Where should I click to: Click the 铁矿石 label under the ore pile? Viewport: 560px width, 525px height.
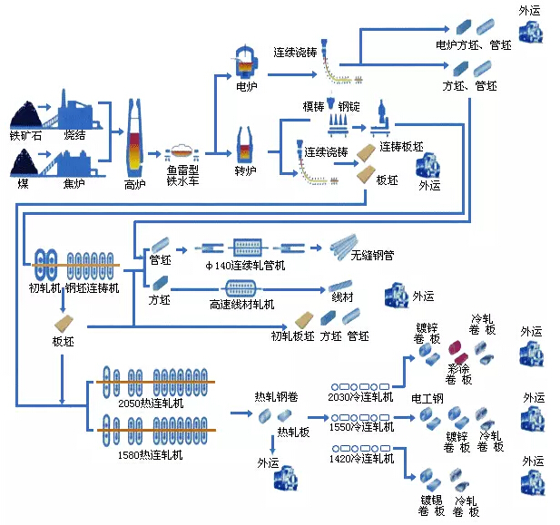pos(25,135)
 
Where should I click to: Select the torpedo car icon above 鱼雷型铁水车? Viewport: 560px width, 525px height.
pos(182,152)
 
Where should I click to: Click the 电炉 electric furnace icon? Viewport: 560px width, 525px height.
pos(246,62)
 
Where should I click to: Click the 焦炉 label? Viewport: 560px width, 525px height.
pos(74,183)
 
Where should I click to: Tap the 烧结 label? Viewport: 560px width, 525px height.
pos(74,135)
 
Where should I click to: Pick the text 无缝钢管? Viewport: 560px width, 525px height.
pos(372,255)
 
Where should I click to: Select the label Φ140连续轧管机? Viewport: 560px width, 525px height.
pos(246,265)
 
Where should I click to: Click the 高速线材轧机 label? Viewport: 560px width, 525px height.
pos(241,304)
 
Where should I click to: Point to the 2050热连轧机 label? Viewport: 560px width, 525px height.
pos(151,403)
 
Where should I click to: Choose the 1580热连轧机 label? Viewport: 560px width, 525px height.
pos(151,454)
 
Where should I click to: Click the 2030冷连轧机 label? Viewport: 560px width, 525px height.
pos(360,396)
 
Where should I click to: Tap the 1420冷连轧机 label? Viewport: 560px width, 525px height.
pos(361,458)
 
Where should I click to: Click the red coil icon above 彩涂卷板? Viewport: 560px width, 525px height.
pos(457,351)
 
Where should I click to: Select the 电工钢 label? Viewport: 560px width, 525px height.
pos(427,398)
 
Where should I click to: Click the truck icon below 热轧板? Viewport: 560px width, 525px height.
pos(286,478)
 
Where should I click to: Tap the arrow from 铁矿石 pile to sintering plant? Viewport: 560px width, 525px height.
pos(44,107)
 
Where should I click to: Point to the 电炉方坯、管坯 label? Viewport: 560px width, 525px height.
pos(474,45)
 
